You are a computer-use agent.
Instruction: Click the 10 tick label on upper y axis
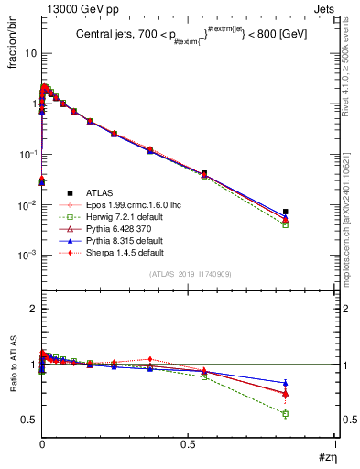(29, 53)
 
